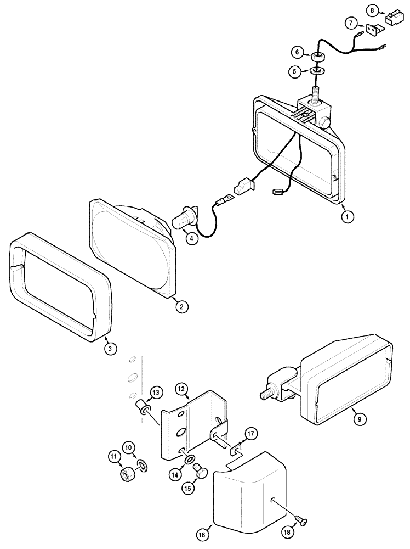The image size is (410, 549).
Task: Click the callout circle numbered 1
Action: (x=345, y=216)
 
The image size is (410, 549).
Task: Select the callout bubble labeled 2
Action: (x=179, y=307)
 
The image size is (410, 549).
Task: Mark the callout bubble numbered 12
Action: (x=182, y=389)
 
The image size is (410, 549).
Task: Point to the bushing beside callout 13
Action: (x=144, y=408)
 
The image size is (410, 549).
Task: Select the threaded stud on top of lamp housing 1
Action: (x=316, y=91)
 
